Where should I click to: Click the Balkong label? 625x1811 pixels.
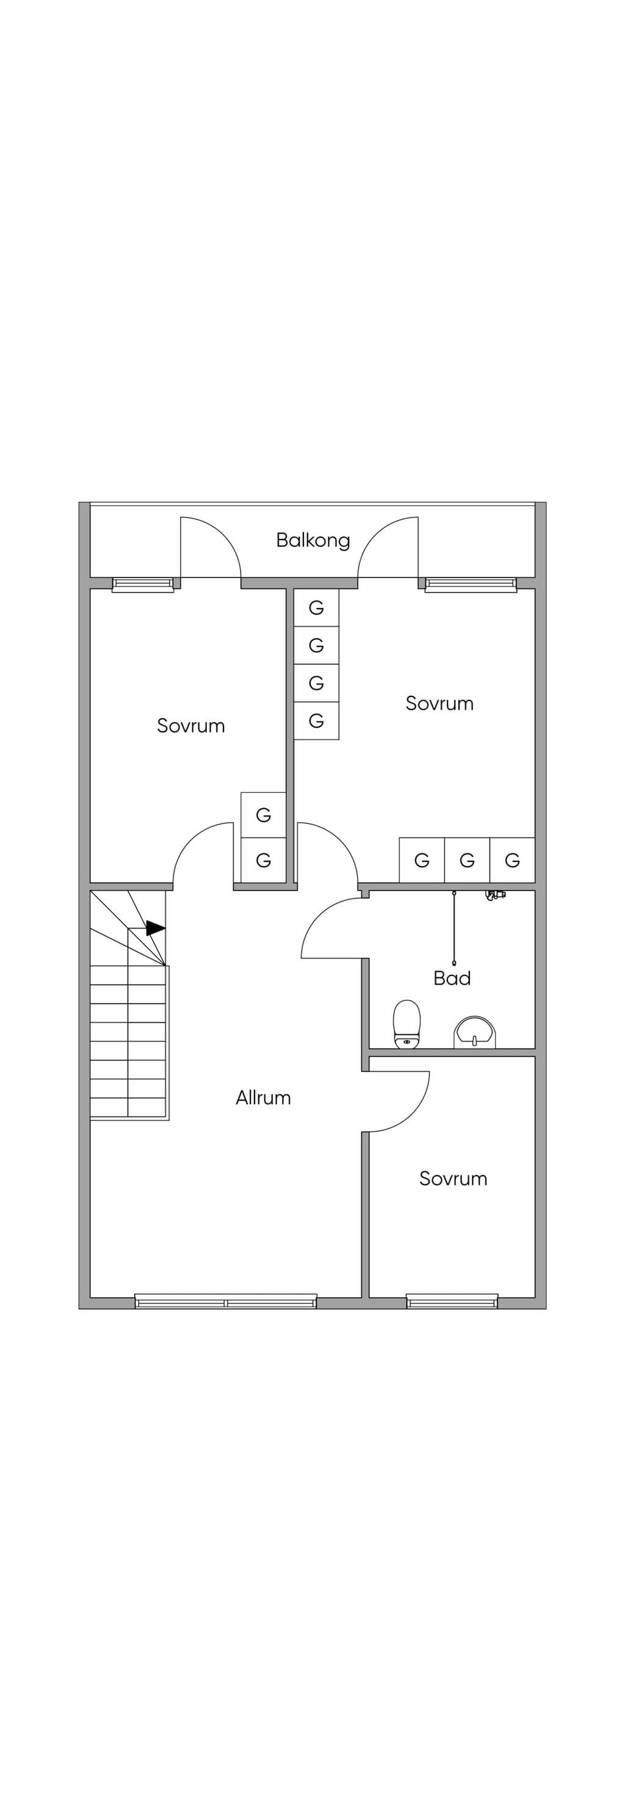coord(313,541)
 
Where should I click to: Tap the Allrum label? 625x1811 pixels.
coord(263,1097)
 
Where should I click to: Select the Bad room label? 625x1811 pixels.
coord(452,978)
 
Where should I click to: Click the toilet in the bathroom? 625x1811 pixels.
coord(407,1024)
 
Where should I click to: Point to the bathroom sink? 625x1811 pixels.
coord(476,1032)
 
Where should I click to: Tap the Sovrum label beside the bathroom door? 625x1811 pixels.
coord(439,703)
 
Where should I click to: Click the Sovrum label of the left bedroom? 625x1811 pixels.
coord(190,726)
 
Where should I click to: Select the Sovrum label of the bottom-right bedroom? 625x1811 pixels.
coord(453,1178)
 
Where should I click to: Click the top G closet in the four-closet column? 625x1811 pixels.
coord(316,607)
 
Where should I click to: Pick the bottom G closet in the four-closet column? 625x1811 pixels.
coord(316,721)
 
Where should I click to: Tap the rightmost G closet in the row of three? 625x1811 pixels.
coord(513,860)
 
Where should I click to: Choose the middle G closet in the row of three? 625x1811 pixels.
coord(468,860)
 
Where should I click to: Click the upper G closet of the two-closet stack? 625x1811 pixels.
coord(264,815)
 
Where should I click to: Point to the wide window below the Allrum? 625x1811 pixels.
coord(226,1301)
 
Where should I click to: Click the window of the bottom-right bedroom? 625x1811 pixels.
coord(452,1301)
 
